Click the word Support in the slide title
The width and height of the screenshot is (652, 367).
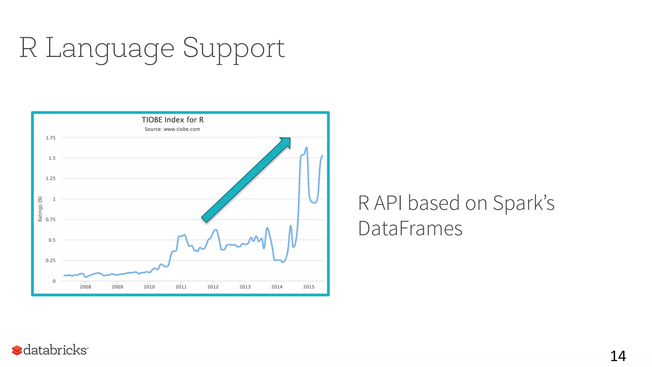234,48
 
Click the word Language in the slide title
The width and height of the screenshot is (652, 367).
110,48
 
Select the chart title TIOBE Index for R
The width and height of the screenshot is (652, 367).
173,120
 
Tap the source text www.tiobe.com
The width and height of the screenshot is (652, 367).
181,129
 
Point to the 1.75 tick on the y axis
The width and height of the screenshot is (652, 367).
51,138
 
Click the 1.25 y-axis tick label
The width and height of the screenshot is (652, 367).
51,178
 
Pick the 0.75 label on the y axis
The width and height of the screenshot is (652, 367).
51,219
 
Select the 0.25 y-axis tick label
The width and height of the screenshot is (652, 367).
51,261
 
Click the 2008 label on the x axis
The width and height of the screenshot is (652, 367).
85,287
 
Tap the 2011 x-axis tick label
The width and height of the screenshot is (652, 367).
181,287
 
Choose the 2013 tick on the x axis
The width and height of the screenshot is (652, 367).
245,287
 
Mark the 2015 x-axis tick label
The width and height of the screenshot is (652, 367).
309,287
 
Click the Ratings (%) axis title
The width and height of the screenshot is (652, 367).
40,209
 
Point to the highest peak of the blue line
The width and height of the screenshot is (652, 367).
307,148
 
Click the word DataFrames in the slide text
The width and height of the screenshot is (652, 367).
410,229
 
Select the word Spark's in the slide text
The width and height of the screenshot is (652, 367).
523,203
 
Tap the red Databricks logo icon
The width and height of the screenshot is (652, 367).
17,350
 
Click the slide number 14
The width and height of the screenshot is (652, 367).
618,356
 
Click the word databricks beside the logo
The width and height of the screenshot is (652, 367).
55,350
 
